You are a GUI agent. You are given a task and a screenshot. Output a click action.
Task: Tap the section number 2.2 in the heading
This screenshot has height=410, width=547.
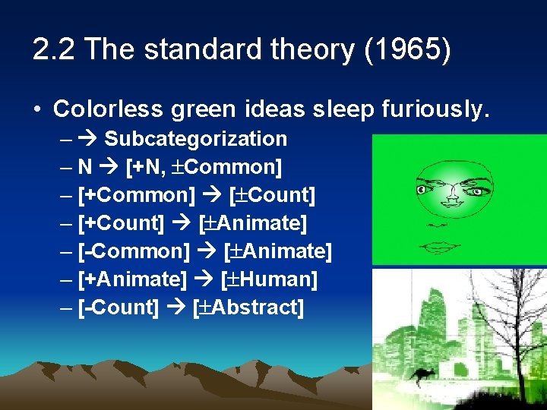55,50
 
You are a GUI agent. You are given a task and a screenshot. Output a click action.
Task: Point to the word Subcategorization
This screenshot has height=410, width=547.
195,139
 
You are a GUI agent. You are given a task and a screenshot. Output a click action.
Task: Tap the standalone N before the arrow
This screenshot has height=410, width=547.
85,167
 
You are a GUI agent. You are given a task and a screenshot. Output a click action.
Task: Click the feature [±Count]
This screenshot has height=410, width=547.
271,195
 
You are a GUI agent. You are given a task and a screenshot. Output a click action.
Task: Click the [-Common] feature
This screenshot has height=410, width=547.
134,251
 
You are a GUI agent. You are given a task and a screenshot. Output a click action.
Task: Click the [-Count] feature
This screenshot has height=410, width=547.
119,307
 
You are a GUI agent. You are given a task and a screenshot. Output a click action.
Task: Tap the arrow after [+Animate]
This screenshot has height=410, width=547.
203,279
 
